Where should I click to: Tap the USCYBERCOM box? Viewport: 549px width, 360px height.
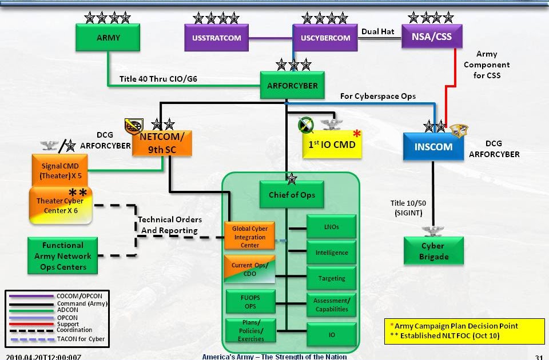tap(325, 38)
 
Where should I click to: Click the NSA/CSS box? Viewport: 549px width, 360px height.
tap(432, 38)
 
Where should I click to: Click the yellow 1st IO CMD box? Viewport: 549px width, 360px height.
tap(332, 144)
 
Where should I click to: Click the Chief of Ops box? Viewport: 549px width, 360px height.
tap(292, 195)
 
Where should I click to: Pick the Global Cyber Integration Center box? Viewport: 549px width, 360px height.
tap(249, 237)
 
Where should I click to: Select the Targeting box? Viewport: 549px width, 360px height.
tap(332, 278)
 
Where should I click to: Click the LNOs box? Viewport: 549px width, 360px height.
tap(332, 227)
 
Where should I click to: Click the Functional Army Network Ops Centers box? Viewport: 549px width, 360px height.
tap(63, 256)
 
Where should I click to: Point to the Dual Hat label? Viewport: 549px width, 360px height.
tap(379, 31)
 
